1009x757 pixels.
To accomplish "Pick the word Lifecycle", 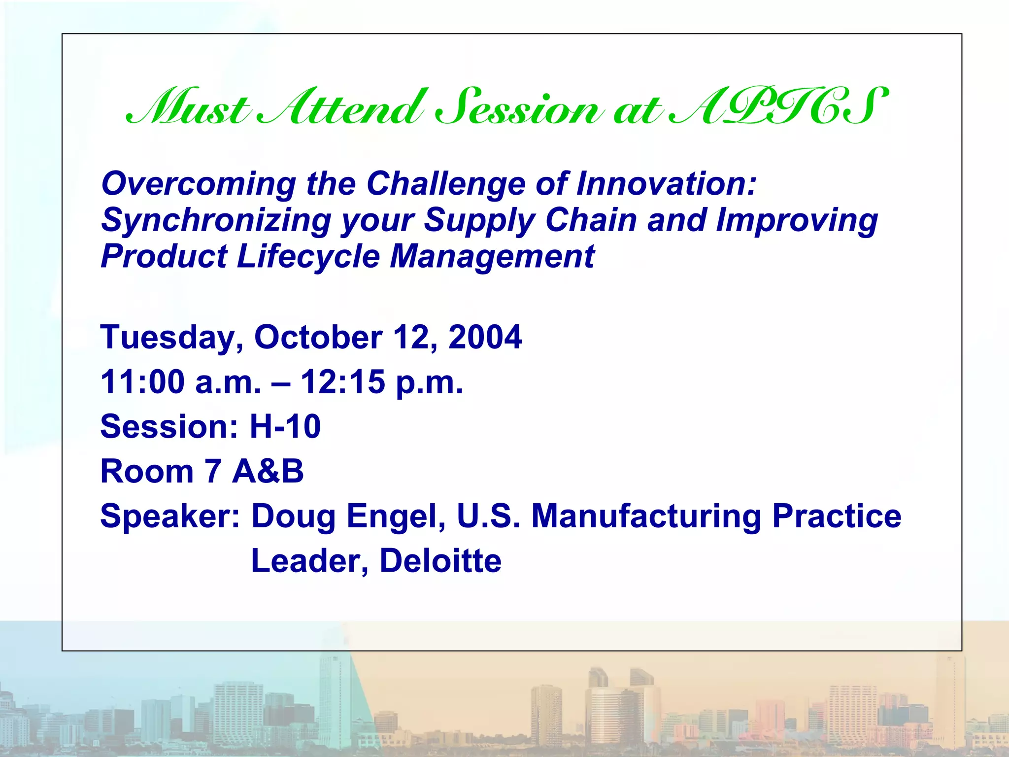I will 308,257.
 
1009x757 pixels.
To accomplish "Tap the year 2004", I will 485,337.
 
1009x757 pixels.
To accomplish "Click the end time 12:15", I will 343,382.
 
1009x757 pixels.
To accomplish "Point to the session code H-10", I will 285,426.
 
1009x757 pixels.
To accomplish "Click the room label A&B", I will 268,471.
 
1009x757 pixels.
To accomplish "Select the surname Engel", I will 396,516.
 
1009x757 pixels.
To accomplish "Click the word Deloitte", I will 440,561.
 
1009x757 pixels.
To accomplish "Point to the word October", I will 318,337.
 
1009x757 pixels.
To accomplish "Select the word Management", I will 492,257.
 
